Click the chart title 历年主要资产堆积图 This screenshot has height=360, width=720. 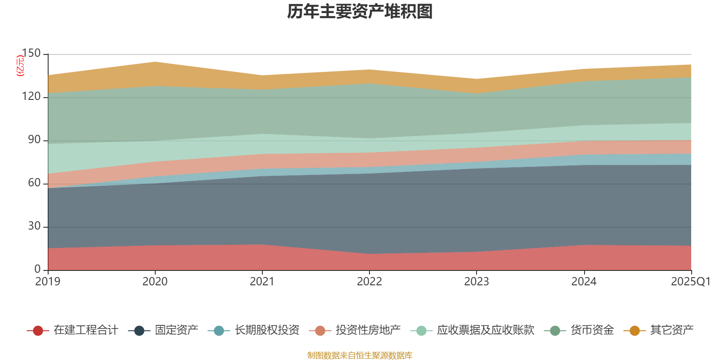[360, 12]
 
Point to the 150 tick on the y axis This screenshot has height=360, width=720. [31, 54]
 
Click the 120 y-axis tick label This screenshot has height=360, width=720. [31, 97]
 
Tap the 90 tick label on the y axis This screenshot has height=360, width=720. [34, 140]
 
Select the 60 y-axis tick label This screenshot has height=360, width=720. [34, 183]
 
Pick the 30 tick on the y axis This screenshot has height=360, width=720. [34, 226]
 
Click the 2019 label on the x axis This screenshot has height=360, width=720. [48, 282]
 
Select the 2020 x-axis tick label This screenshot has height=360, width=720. [155, 282]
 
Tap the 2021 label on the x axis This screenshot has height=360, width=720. [262, 282]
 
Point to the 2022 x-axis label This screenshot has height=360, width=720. [369, 282]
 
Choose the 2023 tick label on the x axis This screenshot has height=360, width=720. [477, 282]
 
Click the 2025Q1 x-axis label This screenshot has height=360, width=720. [690, 282]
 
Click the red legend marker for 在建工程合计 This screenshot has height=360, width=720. [38, 331]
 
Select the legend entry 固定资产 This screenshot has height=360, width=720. [176, 330]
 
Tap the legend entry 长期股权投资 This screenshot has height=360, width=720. [266, 330]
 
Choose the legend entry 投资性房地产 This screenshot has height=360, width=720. [368, 330]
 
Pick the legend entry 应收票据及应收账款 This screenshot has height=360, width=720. [485, 330]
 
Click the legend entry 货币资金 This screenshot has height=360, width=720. [592, 330]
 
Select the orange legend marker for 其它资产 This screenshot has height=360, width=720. [634, 331]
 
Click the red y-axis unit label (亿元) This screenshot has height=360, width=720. [20, 66]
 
